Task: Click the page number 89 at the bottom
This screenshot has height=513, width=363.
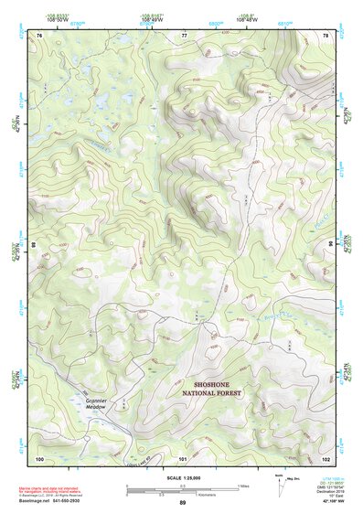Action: (182, 503)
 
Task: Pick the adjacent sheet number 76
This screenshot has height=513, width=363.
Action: (40, 35)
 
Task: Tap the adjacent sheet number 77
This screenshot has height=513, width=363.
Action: (184, 35)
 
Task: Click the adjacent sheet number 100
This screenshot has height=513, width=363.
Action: (40, 457)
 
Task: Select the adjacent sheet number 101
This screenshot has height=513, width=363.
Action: (183, 457)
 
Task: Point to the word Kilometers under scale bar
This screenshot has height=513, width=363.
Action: (225, 495)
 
